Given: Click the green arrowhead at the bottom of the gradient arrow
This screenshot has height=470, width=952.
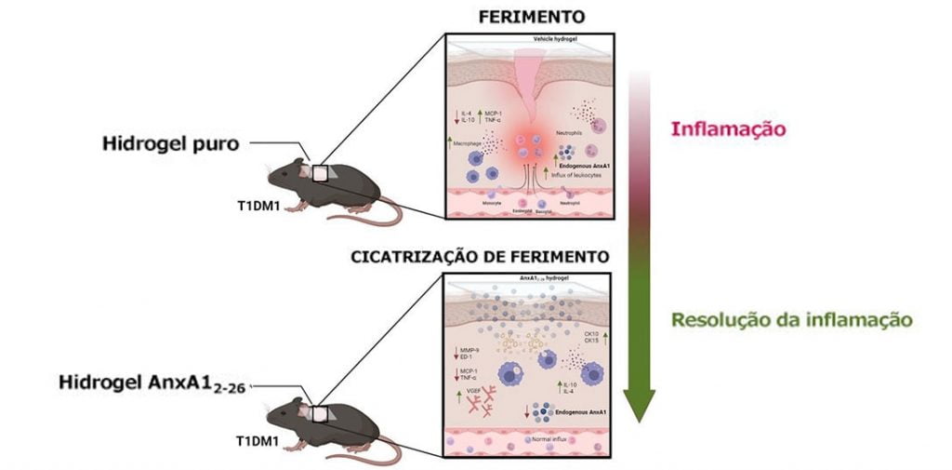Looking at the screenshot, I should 639,405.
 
